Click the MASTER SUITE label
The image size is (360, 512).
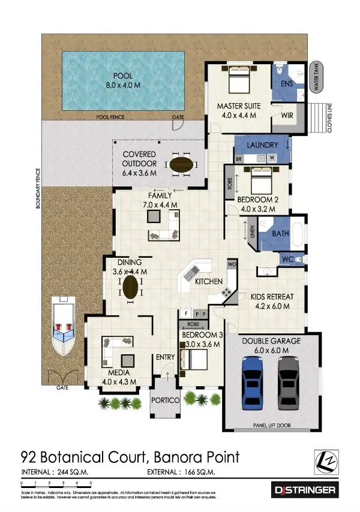coord(239,106)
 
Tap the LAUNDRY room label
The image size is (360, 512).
coord(262,145)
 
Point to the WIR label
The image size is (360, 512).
coord(287,115)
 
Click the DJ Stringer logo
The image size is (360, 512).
coord(304,490)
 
